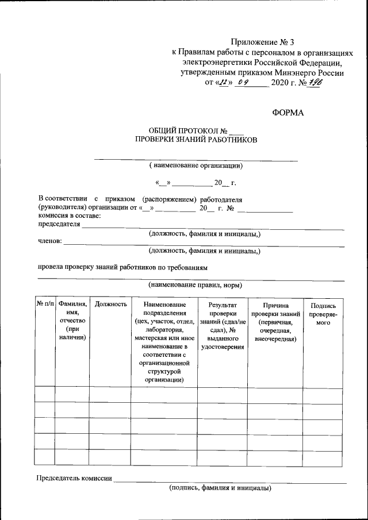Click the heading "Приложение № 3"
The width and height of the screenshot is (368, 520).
click(262, 42)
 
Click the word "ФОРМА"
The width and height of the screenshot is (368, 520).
click(287, 113)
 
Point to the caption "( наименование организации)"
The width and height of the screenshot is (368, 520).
click(195, 165)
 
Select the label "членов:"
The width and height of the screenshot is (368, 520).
click(49, 242)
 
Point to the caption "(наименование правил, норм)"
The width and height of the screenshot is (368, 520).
click(195, 285)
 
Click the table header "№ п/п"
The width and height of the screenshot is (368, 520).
click(45, 303)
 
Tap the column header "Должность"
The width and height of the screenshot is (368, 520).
click(110, 303)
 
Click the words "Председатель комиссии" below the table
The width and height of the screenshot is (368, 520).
click(74, 477)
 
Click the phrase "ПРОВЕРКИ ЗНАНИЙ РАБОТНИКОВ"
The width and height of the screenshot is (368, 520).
click(195, 140)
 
